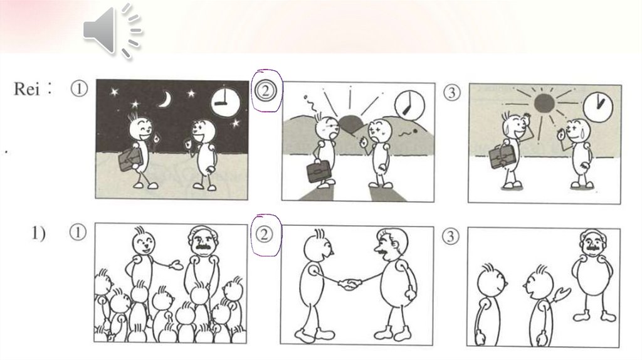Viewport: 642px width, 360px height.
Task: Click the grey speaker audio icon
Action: (112, 31)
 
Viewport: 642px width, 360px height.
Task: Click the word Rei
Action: (27, 88)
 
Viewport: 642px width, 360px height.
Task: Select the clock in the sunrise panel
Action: (409, 105)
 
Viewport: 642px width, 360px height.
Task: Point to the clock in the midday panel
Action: (597, 107)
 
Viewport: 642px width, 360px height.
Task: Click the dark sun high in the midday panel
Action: (544, 103)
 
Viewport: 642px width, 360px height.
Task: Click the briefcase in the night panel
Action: (131, 159)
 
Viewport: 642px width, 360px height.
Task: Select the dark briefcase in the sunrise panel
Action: (319, 171)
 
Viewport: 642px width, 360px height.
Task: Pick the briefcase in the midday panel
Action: (502, 156)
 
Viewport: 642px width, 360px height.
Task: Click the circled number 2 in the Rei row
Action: (265, 90)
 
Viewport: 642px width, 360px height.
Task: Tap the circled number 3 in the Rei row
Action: (451, 93)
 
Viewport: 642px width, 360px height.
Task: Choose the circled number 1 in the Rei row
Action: (79, 88)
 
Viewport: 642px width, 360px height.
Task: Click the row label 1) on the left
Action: (38, 233)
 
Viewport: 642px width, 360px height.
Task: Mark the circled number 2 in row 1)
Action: (264, 235)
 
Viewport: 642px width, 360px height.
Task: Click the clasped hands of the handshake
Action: (350, 284)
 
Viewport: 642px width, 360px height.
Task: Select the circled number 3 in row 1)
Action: (450, 236)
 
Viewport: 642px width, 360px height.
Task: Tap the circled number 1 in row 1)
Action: (78, 233)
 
